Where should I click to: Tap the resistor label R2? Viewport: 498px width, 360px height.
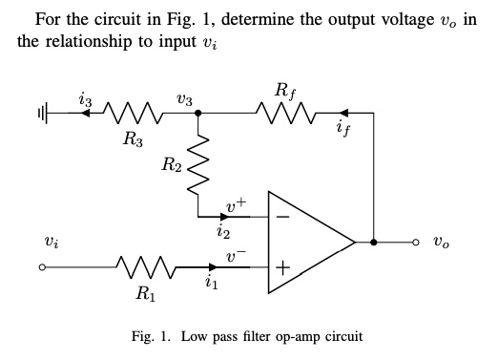(172, 167)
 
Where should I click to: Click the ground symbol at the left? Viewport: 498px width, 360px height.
(41, 113)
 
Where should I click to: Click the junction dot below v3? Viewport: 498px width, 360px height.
(197, 113)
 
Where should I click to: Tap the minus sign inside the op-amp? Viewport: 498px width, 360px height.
(281, 217)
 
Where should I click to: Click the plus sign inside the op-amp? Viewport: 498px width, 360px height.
(281, 269)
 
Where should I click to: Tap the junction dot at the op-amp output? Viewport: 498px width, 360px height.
(373, 243)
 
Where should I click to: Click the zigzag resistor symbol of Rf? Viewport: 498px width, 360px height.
(283, 113)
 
